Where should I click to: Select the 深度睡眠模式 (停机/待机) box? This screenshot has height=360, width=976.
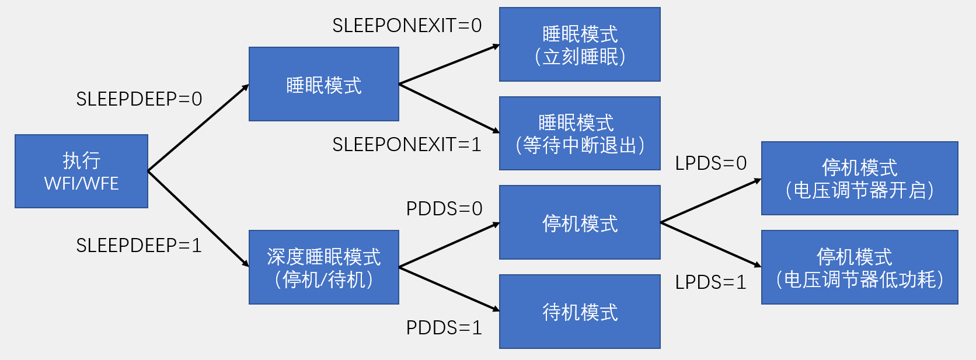[323, 267]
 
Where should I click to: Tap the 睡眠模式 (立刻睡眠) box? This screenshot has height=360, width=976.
[580, 44]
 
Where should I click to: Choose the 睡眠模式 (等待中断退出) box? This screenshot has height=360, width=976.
[580, 134]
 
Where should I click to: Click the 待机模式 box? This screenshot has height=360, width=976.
[580, 312]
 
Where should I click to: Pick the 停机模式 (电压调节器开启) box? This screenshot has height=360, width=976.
[859, 179]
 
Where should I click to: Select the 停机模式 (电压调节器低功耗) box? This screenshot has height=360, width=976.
[859, 267]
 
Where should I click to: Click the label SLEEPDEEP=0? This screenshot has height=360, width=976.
[139, 99]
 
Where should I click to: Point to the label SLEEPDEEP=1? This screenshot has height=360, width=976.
[139, 246]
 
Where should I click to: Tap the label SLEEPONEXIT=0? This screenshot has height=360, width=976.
[407, 26]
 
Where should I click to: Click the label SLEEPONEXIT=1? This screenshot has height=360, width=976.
[407, 145]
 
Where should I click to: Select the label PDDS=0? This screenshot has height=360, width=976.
[444, 209]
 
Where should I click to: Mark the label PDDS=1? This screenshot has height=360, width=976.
[444, 328]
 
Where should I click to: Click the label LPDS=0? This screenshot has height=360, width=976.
[711, 163]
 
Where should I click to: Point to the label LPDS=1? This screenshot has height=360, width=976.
[711, 282]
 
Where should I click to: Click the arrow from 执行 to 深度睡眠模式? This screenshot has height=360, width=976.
[198, 219]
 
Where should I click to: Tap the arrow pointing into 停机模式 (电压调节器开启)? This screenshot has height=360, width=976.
[711, 201]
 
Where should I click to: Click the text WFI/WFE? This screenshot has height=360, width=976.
[81, 184]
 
